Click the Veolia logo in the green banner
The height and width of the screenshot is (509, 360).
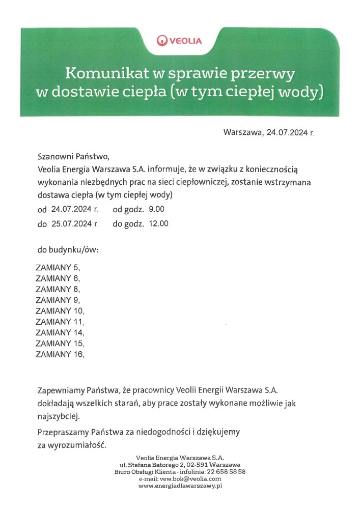click(179, 40)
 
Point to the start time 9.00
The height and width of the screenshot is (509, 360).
click(156, 209)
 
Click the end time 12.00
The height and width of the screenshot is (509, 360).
click(158, 223)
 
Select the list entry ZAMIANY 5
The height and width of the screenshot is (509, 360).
click(58, 267)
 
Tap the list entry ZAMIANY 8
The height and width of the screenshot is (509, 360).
click(58, 289)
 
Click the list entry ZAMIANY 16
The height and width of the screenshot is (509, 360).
click(60, 355)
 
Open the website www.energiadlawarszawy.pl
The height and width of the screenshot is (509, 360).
click(181, 486)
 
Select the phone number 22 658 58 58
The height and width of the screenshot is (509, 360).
click(228, 472)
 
